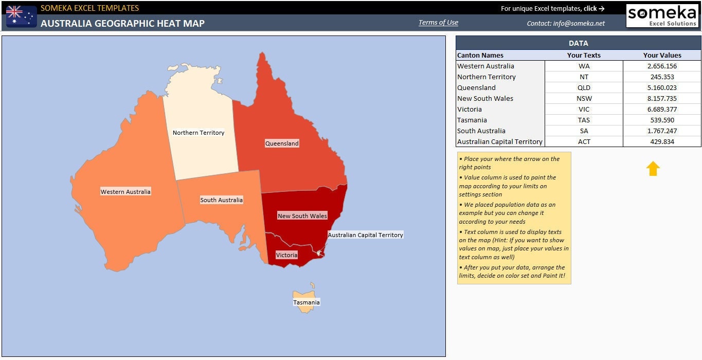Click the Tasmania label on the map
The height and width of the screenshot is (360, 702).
pyautogui.click(x=307, y=302)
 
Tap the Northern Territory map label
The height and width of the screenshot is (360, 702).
pyautogui.click(x=199, y=133)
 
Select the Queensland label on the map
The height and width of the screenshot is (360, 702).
pyautogui.click(x=282, y=143)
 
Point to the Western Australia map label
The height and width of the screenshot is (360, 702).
pyautogui.click(x=125, y=192)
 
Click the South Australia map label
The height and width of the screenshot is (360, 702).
pyautogui.click(x=221, y=200)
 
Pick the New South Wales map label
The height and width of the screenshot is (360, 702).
pyautogui.click(x=302, y=216)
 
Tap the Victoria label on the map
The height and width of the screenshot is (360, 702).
pyautogui.click(x=286, y=255)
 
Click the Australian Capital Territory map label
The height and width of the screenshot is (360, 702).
pyautogui.click(x=365, y=235)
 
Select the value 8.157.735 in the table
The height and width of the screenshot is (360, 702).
pyautogui.click(x=662, y=98)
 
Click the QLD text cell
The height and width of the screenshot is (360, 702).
pyautogui.click(x=584, y=87)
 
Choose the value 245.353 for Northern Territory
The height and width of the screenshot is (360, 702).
pyautogui.click(x=662, y=77)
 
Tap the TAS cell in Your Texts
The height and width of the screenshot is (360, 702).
pyautogui.click(x=584, y=120)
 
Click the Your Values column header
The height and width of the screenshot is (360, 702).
pyautogui.click(x=662, y=55)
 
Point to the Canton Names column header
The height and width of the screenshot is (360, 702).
pyautogui.click(x=480, y=55)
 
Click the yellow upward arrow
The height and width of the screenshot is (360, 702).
pyautogui.click(x=653, y=169)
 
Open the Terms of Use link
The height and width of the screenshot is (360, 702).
pyautogui.click(x=438, y=23)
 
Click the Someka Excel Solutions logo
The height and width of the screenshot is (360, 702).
pyautogui.click(x=662, y=15)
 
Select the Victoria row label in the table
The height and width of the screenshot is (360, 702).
pyautogui.click(x=470, y=109)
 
